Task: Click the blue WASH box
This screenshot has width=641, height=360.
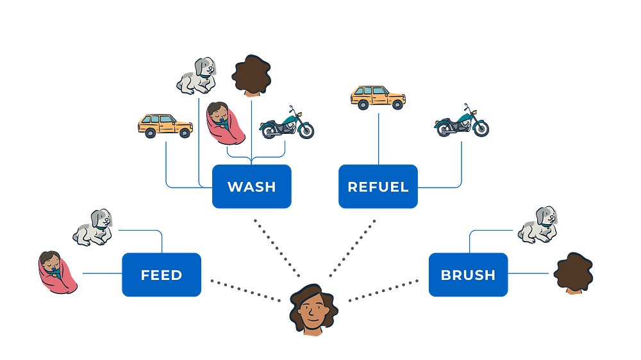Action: [251, 186]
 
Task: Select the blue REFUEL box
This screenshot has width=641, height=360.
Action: [378, 186]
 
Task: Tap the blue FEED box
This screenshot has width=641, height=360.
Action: [162, 275]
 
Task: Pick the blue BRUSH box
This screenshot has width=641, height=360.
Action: [468, 275]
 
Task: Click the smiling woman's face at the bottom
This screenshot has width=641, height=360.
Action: [312, 311]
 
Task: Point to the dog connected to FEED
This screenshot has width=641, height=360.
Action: [94, 227]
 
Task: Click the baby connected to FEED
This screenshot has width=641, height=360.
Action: [57, 269]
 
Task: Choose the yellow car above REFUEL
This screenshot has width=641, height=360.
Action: [378, 97]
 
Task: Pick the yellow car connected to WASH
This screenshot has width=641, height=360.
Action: [165, 125]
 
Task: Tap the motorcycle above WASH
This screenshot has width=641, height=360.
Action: [287, 123]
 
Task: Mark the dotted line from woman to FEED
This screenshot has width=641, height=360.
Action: [247, 290]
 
